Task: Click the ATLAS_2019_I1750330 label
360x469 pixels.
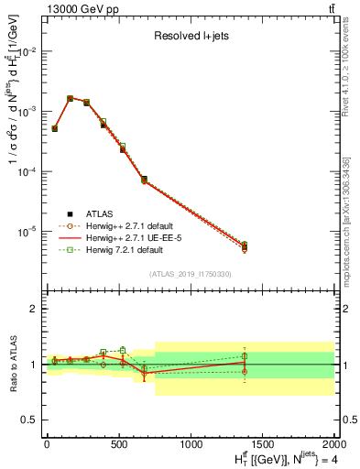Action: pyautogui.click(x=191, y=274)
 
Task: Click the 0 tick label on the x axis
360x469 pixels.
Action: pyautogui.click(x=47, y=444)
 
